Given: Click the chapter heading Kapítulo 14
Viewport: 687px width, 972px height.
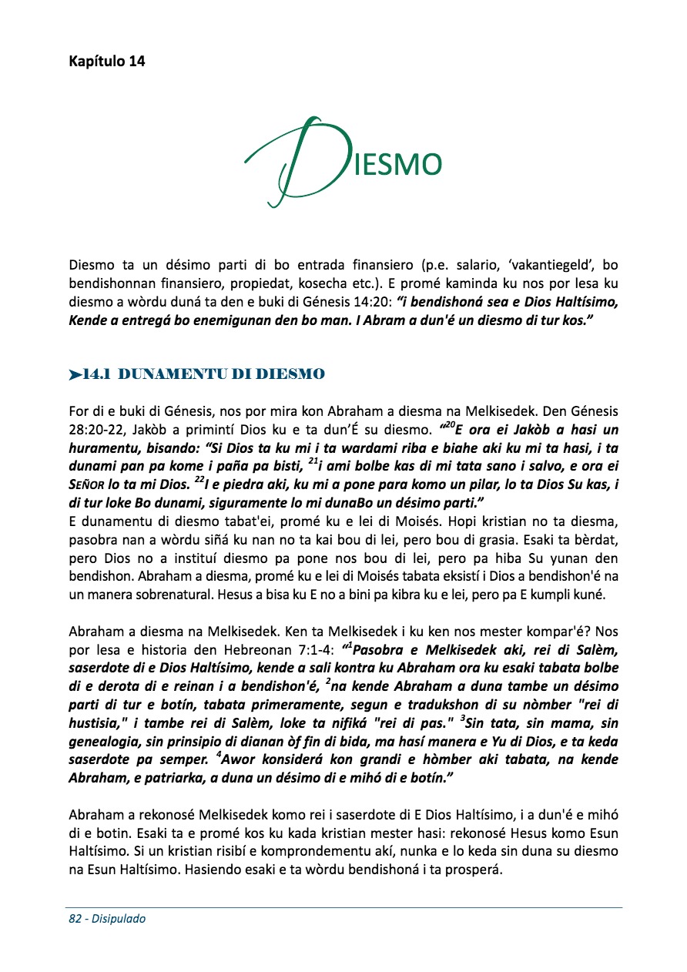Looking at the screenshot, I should pyautogui.click(x=106, y=62).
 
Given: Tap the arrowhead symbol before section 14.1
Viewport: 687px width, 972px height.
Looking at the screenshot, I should pyautogui.click(x=75, y=375).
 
